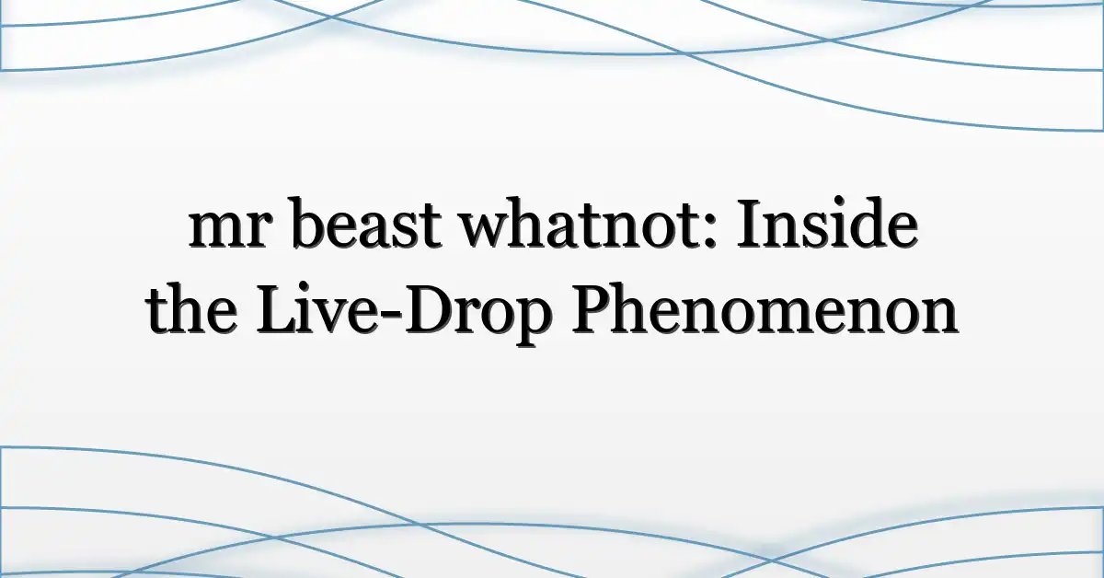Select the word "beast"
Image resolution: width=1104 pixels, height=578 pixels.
(x=366, y=223)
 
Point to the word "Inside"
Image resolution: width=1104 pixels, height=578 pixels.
(x=827, y=223)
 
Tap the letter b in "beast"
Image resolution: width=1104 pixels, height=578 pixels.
(x=309, y=223)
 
